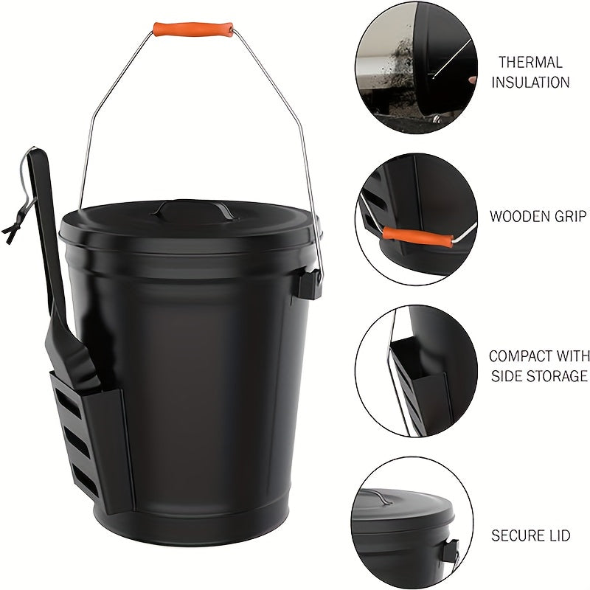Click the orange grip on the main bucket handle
pyautogui.click(x=193, y=29)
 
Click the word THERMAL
pyautogui.click(x=530, y=63)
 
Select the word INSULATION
pyautogui.click(x=530, y=82)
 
